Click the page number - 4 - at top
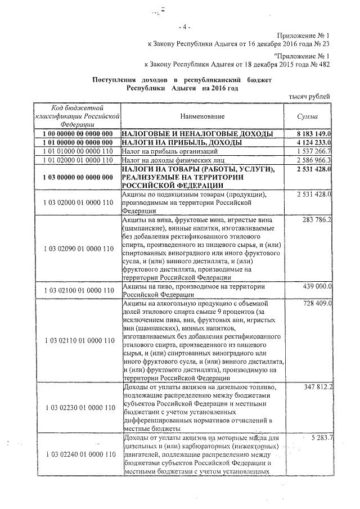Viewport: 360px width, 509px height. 185,26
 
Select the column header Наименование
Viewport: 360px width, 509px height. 202,116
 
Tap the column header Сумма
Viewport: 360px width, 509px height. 307,116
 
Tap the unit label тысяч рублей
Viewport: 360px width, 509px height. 309,97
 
